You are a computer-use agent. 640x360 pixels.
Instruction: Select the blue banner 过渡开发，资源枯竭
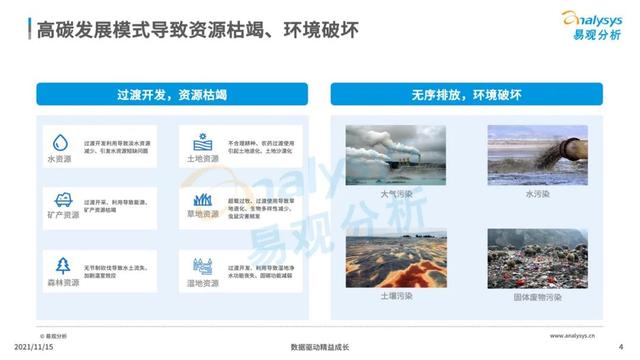[x=172, y=95]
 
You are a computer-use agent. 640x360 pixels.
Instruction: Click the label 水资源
[x=63, y=159]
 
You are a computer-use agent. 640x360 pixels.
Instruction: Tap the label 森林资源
[x=63, y=283]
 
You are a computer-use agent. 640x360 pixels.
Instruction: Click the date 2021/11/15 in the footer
[x=25, y=347]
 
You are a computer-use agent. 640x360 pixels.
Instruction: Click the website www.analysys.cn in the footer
[x=571, y=336]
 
